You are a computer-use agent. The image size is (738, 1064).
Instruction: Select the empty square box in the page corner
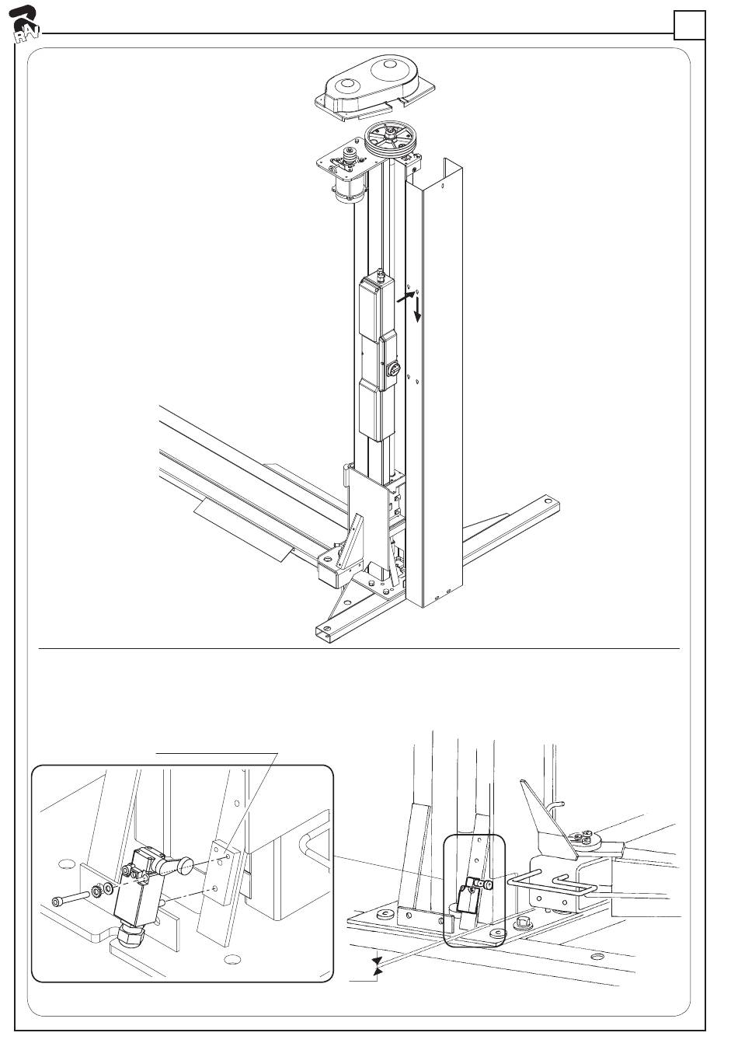[x=689, y=26]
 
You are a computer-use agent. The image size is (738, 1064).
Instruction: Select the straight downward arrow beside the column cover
[x=417, y=309]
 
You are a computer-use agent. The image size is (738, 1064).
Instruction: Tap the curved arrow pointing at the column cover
[x=405, y=296]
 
